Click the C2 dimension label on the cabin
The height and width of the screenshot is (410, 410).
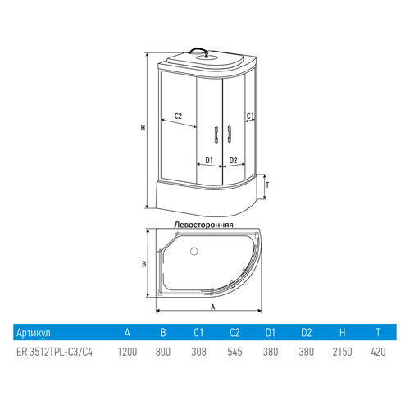pyautogui.click(x=178, y=116)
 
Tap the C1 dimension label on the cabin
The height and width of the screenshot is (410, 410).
pyautogui.click(x=250, y=116)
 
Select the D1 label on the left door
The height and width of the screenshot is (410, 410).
pyautogui.click(x=209, y=160)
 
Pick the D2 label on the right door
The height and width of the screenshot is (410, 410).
pyautogui.click(x=233, y=160)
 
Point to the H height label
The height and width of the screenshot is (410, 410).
pyautogui.click(x=143, y=128)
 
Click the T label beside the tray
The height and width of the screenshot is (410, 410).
pyautogui.click(x=267, y=185)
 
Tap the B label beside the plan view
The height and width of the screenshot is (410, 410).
pyautogui.click(x=144, y=264)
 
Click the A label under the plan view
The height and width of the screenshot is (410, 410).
pyautogui.click(x=213, y=307)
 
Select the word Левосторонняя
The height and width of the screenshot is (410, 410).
pyautogui.click(x=204, y=225)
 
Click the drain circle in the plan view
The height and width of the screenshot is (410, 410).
pyautogui.click(x=194, y=251)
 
